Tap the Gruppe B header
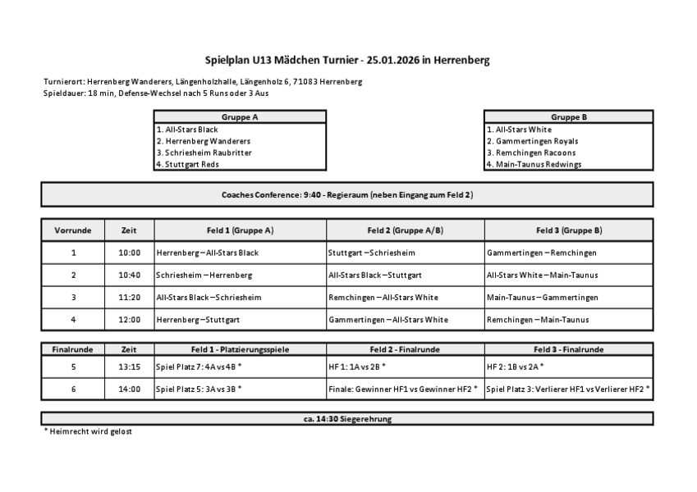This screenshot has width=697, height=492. click(568, 117)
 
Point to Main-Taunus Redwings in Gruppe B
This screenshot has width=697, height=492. click(534, 164)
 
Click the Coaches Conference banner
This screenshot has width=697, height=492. click(346, 194)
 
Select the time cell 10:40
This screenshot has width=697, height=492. click(129, 275)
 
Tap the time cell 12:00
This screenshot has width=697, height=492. click(129, 319)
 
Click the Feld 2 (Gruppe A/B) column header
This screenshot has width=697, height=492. click(405, 230)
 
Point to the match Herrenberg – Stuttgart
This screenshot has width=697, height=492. click(198, 319)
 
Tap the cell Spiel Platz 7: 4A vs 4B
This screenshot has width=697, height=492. click(199, 367)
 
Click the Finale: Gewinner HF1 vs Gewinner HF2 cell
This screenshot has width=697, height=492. click(402, 389)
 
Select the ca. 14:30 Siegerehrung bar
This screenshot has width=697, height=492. click(346, 419)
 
